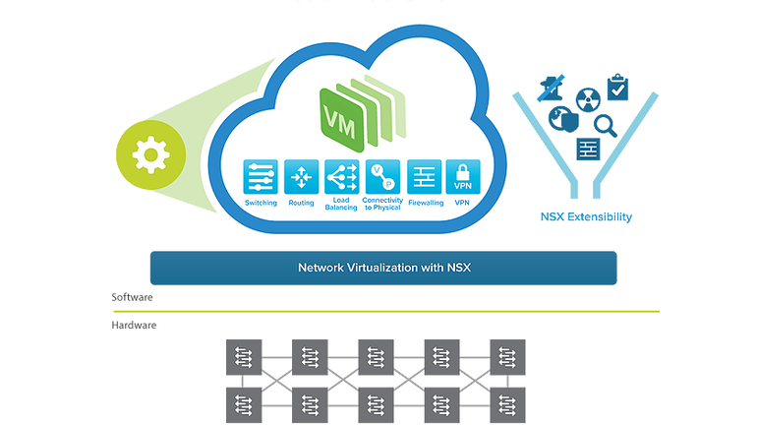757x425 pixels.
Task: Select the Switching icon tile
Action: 262,177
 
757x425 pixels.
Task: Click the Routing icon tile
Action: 301,177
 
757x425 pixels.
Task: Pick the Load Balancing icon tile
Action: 340,177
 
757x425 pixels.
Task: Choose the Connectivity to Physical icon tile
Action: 381,177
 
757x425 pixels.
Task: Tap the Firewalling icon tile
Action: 425,177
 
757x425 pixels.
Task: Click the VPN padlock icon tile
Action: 462,177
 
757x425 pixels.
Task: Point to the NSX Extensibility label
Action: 586,216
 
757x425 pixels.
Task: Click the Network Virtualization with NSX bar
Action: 382,268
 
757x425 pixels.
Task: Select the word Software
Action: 133,296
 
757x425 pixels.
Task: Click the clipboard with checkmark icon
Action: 616,89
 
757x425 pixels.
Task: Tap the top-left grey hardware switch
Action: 243,355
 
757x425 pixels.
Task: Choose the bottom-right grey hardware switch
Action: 508,402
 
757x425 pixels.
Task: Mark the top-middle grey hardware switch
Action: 376,355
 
